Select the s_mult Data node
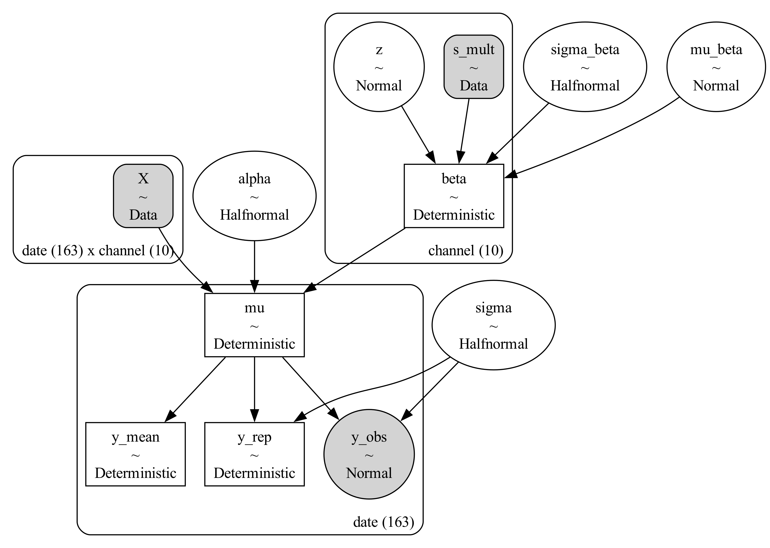coord(474,67)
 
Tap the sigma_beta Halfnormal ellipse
coord(585,67)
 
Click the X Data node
coord(143,196)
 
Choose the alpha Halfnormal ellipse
coord(254,196)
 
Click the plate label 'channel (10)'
coord(466,251)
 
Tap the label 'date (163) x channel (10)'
coord(98,251)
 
